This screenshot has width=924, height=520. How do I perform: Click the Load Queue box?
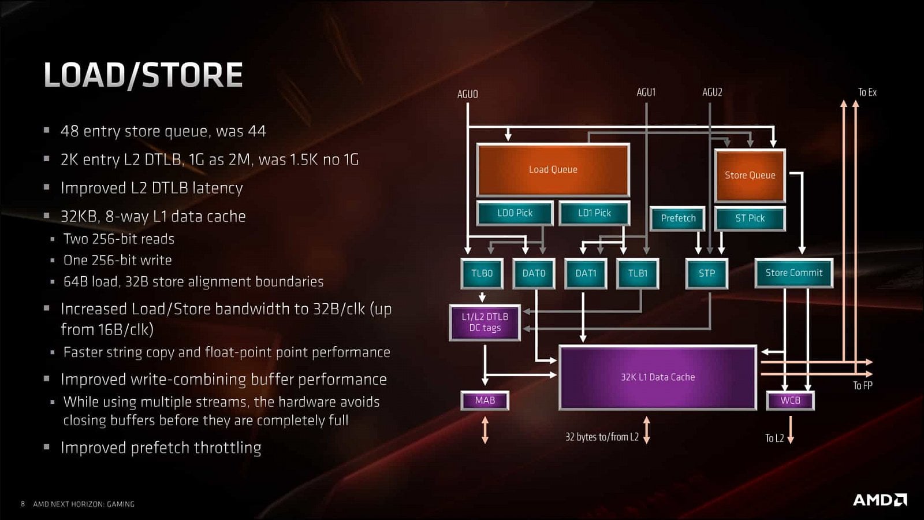tap(553, 170)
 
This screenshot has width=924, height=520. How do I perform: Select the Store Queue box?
tap(750, 176)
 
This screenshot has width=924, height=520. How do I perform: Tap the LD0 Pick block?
tap(515, 213)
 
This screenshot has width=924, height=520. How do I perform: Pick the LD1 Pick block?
tap(594, 213)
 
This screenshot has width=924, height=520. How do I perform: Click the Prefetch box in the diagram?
tap(677, 218)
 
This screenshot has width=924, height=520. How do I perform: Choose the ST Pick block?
tap(750, 218)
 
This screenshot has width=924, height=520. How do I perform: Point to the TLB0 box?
tap(482, 273)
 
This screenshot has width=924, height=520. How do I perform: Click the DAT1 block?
tap(586, 273)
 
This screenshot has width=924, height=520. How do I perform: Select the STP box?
tap(706, 273)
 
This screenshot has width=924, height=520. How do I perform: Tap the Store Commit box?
tap(793, 273)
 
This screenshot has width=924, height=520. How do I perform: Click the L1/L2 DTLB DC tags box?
tap(485, 322)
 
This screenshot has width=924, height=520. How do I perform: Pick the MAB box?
tap(485, 400)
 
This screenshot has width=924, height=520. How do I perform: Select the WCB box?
tap(790, 400)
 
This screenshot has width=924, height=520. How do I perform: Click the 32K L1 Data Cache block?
tap(657, 377)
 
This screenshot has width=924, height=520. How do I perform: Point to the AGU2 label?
tap(712, 92)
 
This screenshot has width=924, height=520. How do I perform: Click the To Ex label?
tap(867, 92)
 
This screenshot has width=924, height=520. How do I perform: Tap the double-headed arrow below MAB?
tap(485, 430)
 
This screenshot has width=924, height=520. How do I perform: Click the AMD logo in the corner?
tap(880, 500)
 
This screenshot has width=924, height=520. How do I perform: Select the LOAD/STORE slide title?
tap(143, 75)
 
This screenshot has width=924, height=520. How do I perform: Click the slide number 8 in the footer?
tap(23, 504)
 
